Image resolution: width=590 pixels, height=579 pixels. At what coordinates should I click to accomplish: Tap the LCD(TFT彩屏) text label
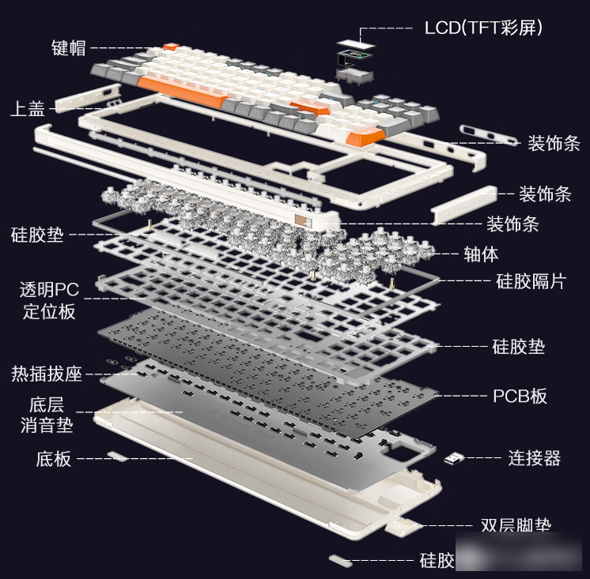tap(483, 28)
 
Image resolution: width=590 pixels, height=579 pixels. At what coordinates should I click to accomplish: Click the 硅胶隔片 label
tap(531, 281)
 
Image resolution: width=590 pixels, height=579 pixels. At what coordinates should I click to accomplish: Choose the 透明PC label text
tap(49, 289)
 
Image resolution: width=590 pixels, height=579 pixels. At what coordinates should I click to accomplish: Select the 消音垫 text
tap(47, 425)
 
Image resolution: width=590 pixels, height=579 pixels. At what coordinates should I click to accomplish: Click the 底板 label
tap(54, 458)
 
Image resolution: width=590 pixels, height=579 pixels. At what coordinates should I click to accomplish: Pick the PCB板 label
tap(520, 396)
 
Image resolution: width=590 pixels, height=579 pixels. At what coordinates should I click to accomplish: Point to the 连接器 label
tap(535, 458)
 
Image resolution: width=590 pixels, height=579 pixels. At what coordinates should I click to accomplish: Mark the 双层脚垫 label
tap(516, 525)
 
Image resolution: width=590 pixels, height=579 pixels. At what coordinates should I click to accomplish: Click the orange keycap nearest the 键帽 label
tap(169, 48)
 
